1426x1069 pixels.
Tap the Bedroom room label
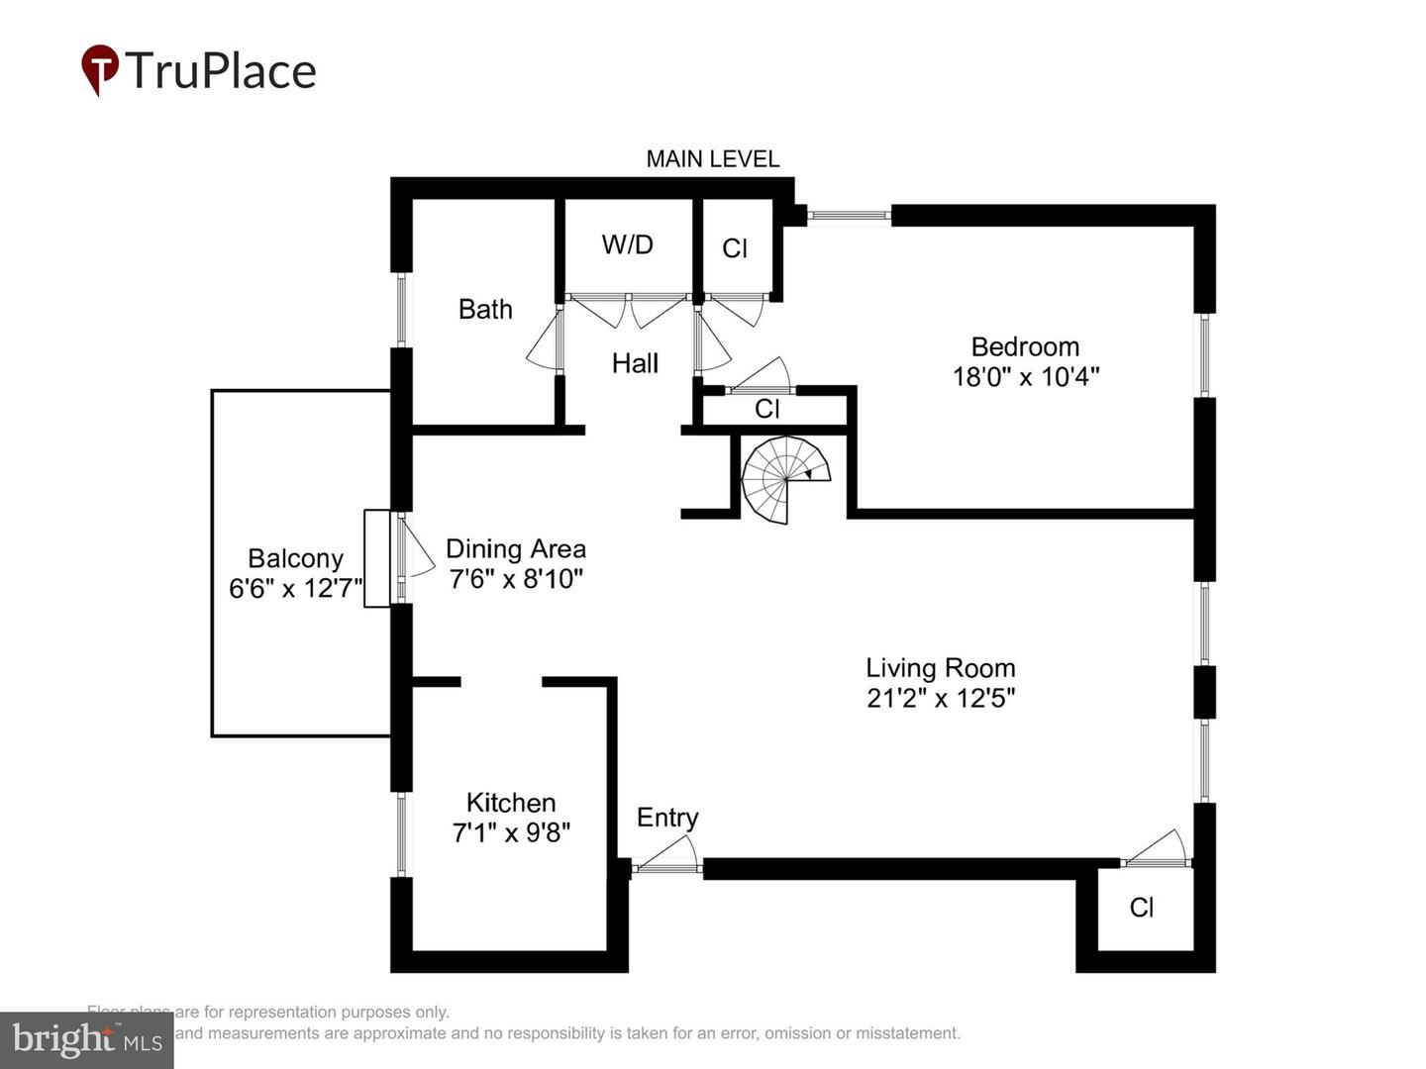tap(1025, 346)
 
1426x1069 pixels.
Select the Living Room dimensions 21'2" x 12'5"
tap(941, 698)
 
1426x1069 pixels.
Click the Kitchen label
tap(511, 802)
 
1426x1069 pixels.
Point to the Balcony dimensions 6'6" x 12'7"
tap(295, 589)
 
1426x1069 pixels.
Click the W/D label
tap(627, 244)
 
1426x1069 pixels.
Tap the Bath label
tap(485, 310)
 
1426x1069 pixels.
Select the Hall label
tap(635, 363)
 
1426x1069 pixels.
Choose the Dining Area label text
tap(515, 549)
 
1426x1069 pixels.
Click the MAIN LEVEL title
tap(712, 158)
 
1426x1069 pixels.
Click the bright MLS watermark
tap(86, 1039)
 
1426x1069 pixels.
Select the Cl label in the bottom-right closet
tap(1142, 908)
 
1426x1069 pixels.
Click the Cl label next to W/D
tap(735, 248)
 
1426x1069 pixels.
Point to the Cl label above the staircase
tap(766, 409)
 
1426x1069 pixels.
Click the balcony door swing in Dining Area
tap(416, 551)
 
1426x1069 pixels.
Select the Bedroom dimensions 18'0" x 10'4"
tap(1026, 377)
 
